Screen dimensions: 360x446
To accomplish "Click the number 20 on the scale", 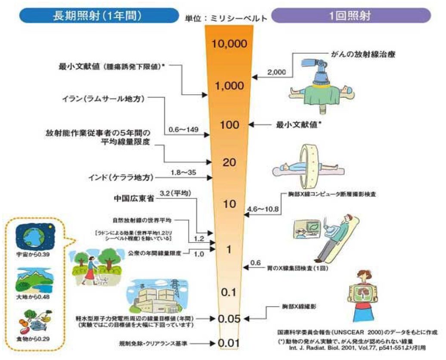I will point(229,162).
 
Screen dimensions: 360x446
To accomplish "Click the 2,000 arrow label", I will point(276,72).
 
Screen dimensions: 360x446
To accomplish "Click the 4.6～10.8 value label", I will point(263,210).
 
